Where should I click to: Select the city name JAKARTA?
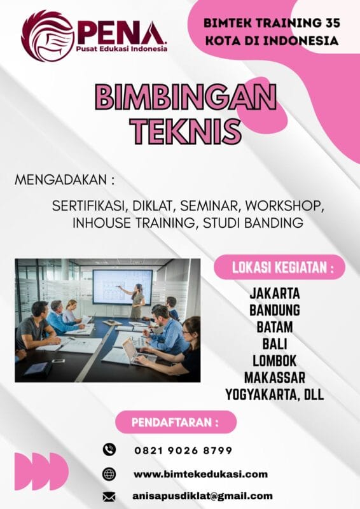click(275, 295)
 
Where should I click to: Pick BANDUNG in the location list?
click(275, 311)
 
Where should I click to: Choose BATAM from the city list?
click(275, 328)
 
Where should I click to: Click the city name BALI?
click(275, 344)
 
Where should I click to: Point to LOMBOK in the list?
click(275, 361)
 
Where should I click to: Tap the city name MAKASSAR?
click(275, 377)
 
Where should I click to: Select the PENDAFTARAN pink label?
click(176, 422)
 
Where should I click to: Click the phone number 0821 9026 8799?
click(183, 450)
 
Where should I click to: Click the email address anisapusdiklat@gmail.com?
click(203, 496)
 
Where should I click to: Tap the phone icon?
click(109, 450)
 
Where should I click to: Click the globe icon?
click(109, 474)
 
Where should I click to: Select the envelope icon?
click(109, 496)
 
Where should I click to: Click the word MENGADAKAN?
click(60, 181)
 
